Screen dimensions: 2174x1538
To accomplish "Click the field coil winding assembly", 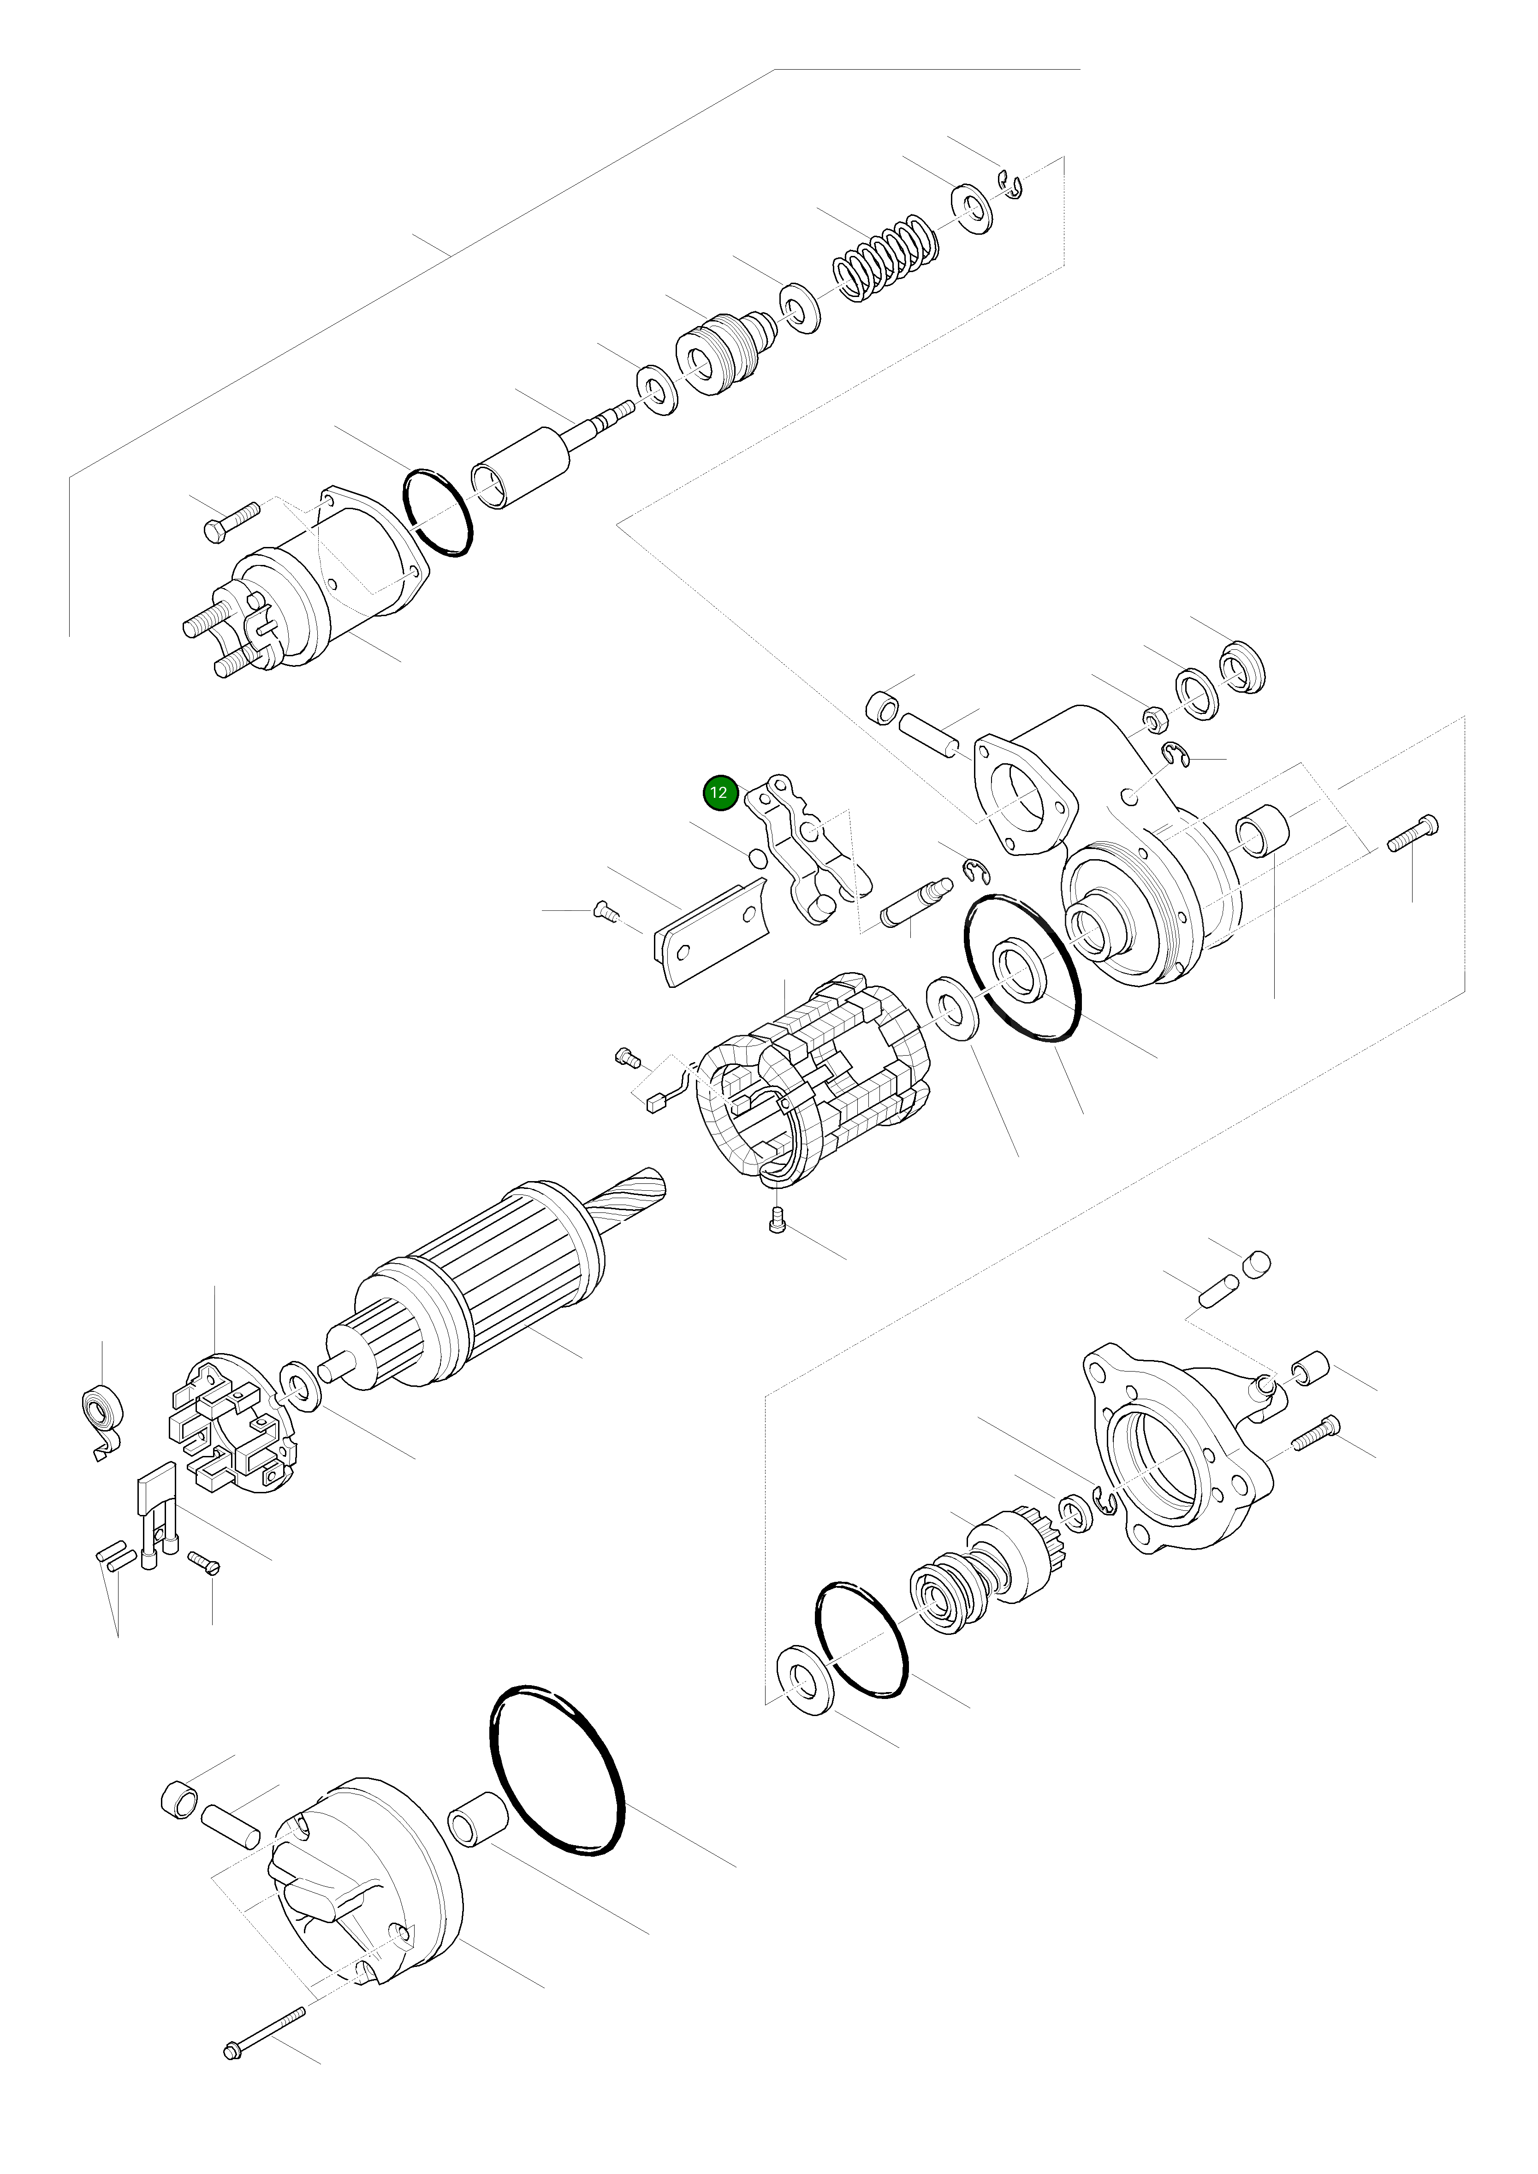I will click(810, 1080).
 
